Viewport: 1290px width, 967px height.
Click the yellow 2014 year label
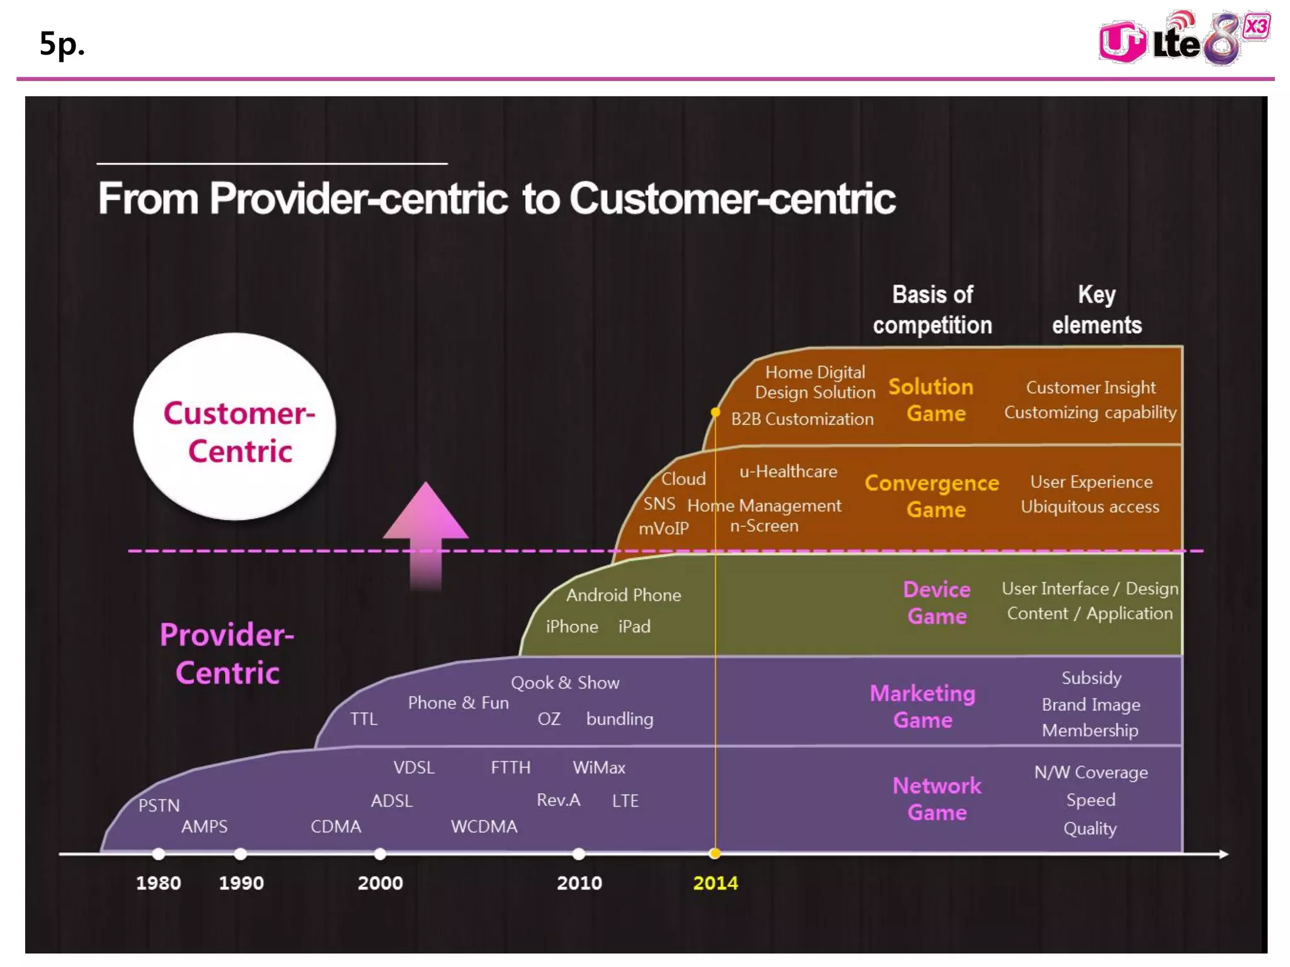click(715, 883)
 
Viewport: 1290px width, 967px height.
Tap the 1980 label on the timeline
click(158, 883)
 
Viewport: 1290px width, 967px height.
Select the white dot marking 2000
click(380, 854)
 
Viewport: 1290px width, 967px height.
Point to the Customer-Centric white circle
click(235, 426)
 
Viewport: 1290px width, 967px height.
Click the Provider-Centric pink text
click(227, 653)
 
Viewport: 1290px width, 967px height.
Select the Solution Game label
click(932, 400)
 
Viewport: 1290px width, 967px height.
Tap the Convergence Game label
click(932, 495)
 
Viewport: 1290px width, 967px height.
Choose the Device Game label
click(937, 602)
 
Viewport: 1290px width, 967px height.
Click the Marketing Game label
click(923, 706)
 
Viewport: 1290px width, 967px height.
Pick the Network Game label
click(937, 798)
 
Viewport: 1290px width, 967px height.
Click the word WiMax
click(599, 767)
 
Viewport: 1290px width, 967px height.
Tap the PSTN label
click(159, 805)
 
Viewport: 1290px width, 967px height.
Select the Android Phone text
click(624, 595)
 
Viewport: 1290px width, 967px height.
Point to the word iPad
click(634, 626)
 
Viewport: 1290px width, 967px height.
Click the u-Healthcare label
click(788, 472)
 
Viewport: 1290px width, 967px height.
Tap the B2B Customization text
click(802, 419)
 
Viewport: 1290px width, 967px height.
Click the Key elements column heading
click(1097, 310)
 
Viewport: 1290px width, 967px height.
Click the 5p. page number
click(62, 43)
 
